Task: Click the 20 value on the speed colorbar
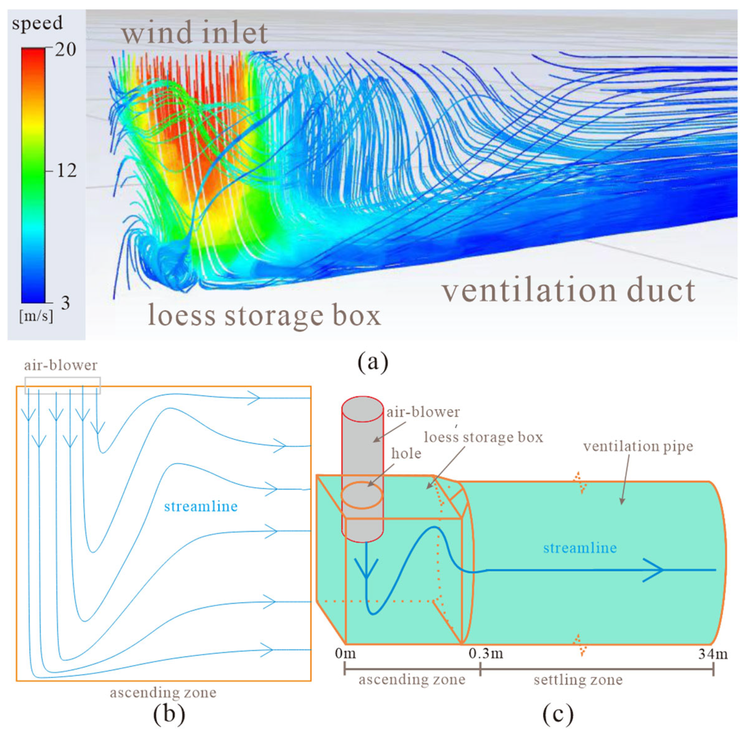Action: point(65,50)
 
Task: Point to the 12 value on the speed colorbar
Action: point(67,170)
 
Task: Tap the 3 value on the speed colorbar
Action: point(65,303)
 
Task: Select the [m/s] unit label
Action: point(36,316)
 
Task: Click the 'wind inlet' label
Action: point(195,33)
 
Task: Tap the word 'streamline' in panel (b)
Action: point(201,506)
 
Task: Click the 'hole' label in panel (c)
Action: point(406,454)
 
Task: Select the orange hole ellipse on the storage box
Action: point(362,496)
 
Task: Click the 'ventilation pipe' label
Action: point(638,446)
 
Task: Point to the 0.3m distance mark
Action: point(486,654)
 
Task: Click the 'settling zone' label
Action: point(578,680)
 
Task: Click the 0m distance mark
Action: point(345,654)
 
